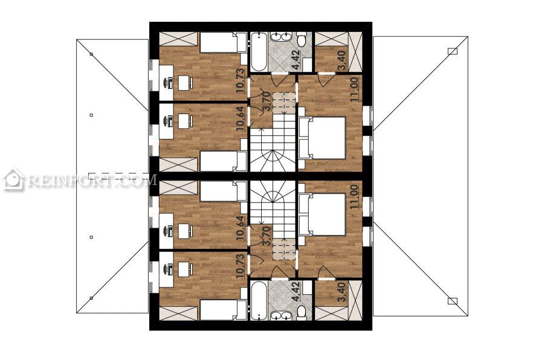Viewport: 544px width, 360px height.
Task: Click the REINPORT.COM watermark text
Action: click(92, 180)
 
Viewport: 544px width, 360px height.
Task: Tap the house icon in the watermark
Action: click(13, 179)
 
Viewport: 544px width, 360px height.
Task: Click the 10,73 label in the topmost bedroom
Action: click(241, 80)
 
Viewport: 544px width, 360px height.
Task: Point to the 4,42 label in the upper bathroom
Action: click(296, 60)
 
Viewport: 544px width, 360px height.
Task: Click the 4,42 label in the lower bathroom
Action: click(296, 292)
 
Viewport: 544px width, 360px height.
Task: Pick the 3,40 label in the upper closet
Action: click(342, 60)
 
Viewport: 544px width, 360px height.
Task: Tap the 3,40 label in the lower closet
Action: click(342, 292)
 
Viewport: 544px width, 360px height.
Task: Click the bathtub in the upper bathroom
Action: click(259, 52)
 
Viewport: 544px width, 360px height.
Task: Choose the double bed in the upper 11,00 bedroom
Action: click(322, 138)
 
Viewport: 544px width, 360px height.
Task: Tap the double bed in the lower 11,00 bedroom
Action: click(322, 214)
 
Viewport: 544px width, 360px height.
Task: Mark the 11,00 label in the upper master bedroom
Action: click(354, 89)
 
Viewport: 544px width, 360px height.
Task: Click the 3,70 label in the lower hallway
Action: click(266, 236)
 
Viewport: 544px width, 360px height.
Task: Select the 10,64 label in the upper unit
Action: click(241, 118)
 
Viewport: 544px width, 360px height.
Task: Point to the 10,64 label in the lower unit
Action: click(241, 228)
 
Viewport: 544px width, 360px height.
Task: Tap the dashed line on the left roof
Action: click(118, 173)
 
